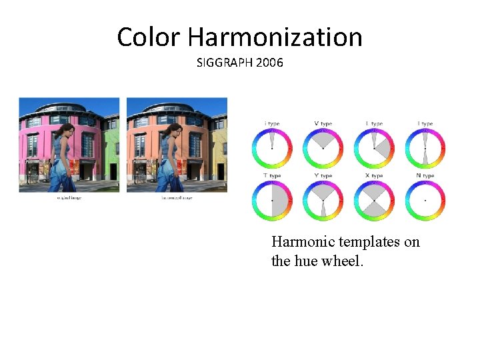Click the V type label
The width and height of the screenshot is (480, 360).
coord(323,123)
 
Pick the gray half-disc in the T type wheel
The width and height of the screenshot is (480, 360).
coord(279,200)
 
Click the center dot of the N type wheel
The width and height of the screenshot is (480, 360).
coord(426,200)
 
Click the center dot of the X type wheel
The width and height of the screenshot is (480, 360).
coord(375,200)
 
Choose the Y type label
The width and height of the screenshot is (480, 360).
coord(323,176)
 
